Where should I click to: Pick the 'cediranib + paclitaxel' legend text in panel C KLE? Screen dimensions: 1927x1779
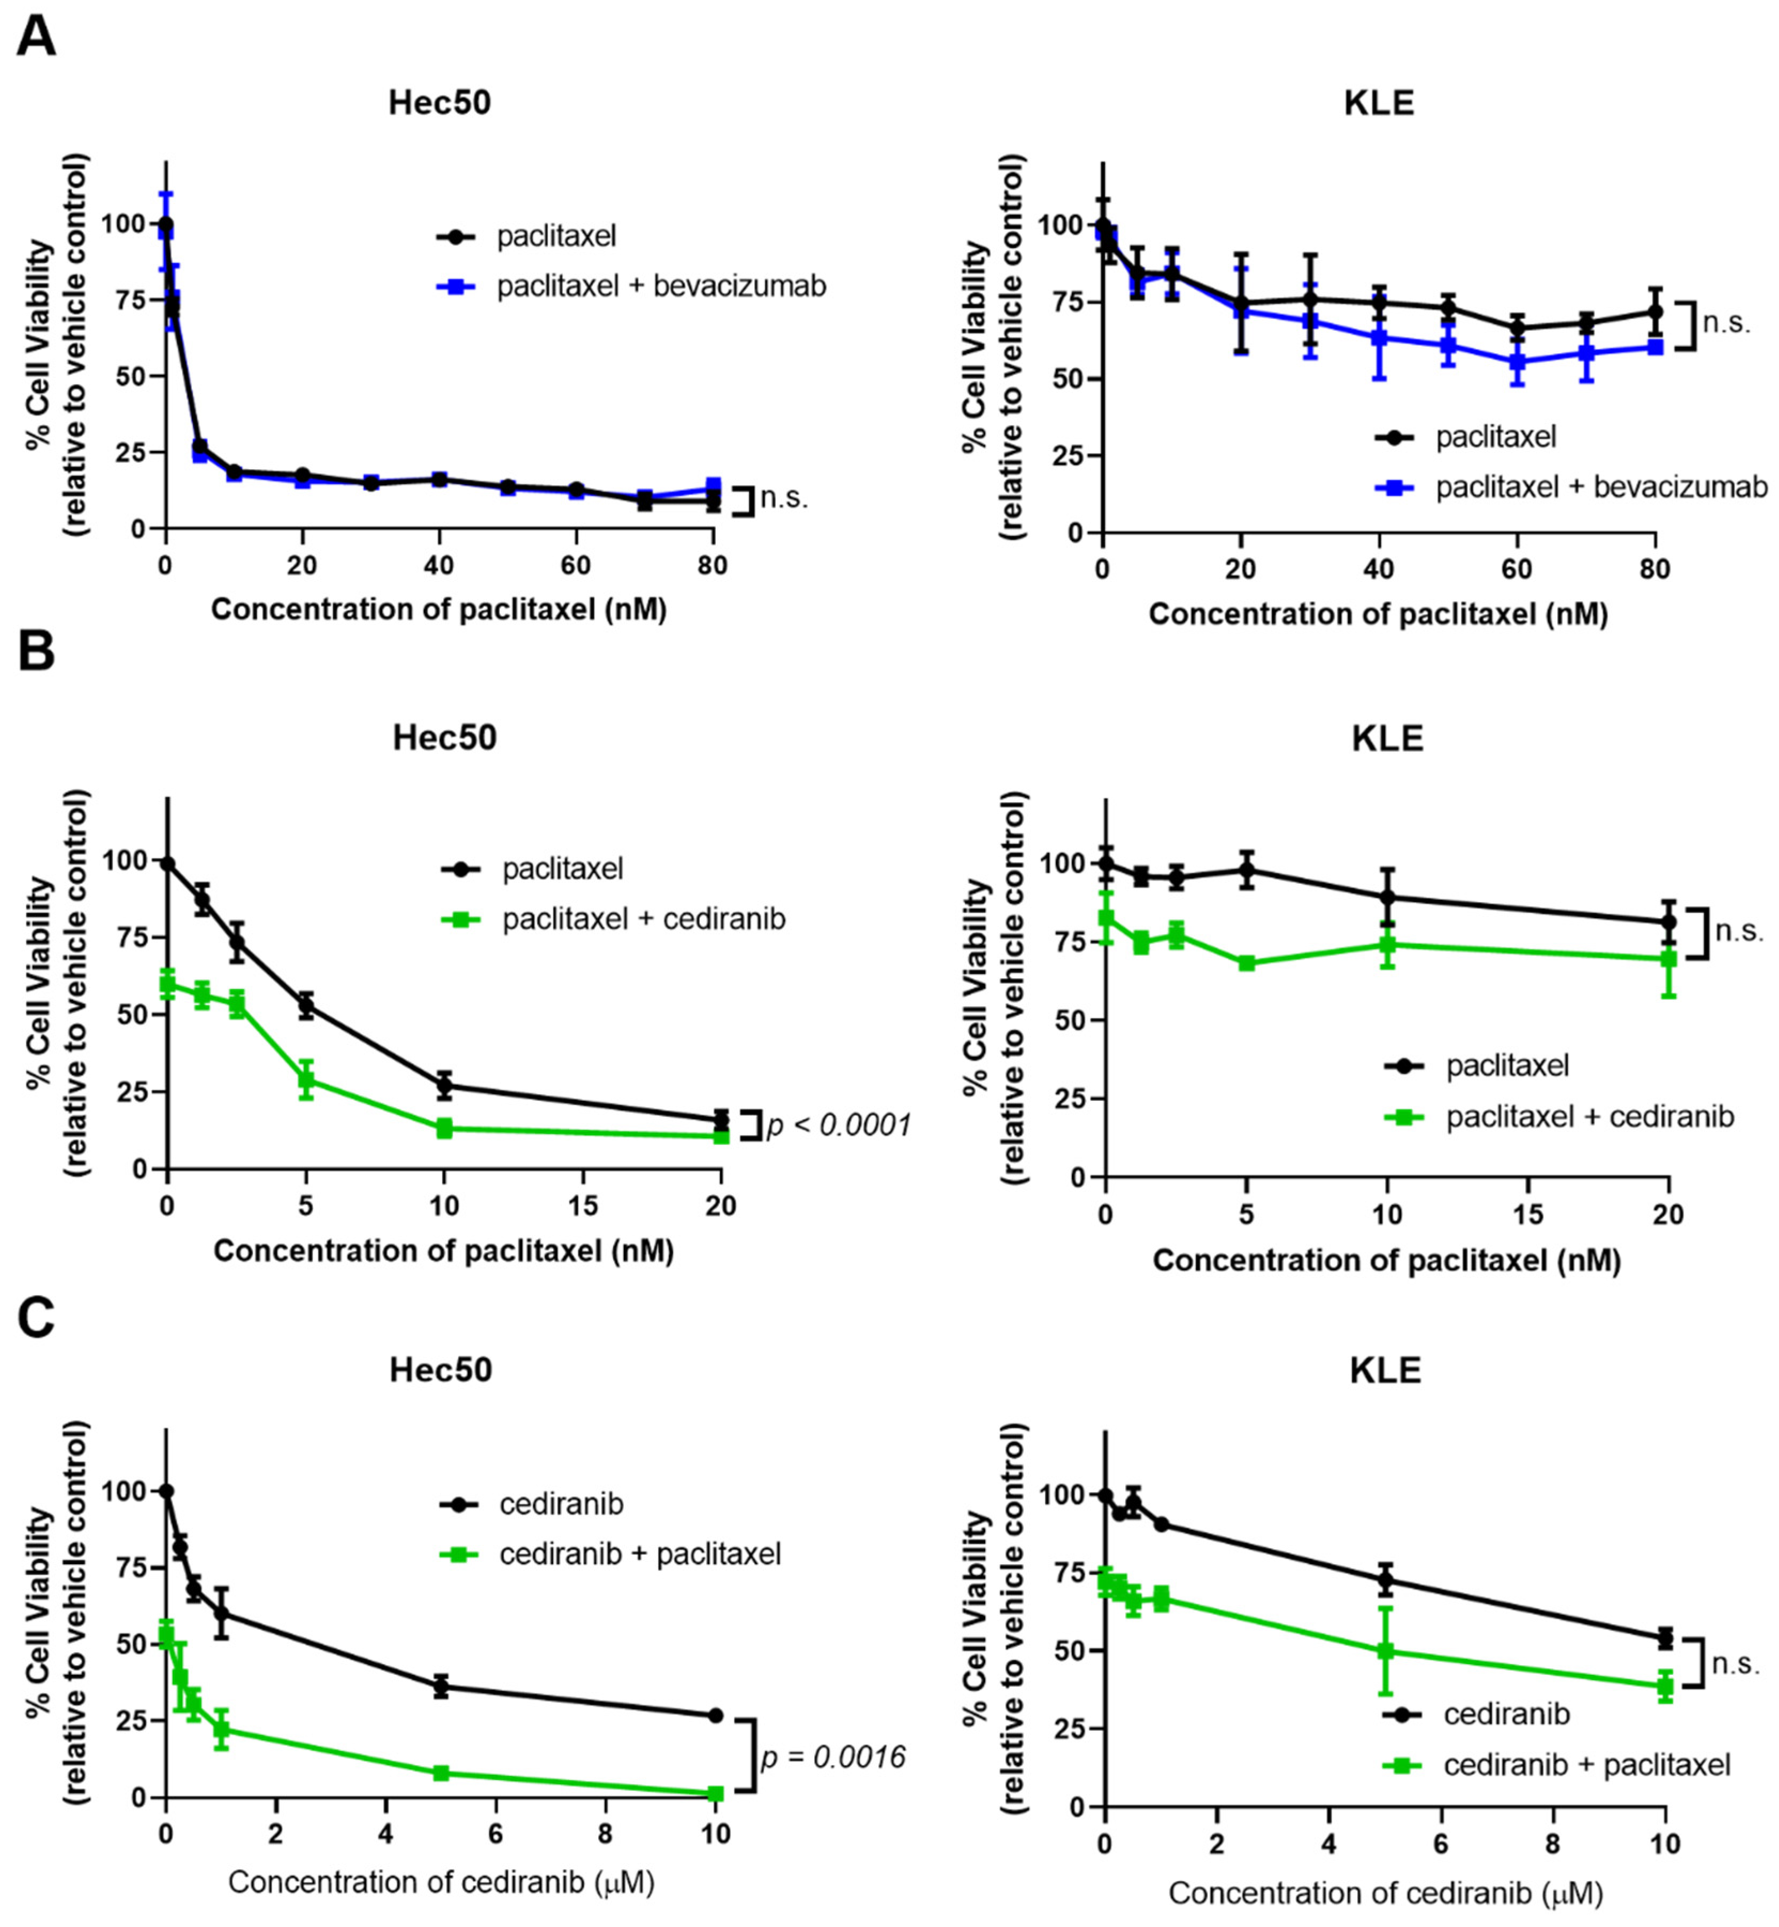pos(1587,1765)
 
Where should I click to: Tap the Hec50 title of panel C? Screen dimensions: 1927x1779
pos(441,1370)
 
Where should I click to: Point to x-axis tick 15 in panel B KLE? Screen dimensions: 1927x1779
pos(1528,1215)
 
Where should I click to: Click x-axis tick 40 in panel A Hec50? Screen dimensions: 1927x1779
pos(439,565)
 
